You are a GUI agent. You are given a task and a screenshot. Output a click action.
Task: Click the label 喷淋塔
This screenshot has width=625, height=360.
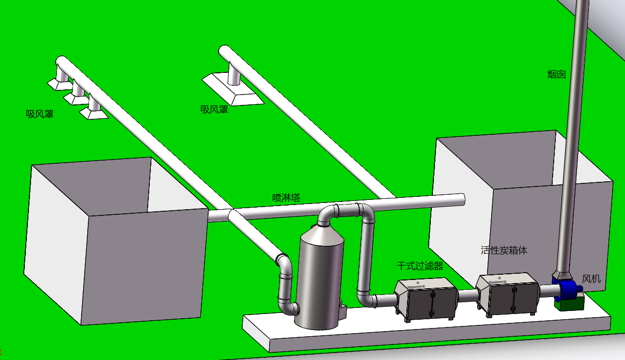tap(286, 198)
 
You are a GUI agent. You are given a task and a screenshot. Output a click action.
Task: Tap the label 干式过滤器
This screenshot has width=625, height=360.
tap(420, 266)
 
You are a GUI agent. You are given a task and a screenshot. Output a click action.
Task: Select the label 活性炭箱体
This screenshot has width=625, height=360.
tap(504, 251)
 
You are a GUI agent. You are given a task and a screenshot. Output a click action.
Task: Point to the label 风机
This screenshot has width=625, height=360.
tap(591, 278)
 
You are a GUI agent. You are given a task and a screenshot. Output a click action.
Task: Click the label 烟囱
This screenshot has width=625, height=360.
tap(556, 74)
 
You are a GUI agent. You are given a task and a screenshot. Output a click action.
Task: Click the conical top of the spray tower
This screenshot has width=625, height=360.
tap(322, 233)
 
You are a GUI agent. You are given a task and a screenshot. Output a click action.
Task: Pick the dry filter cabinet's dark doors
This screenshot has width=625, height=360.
tap(432, 304)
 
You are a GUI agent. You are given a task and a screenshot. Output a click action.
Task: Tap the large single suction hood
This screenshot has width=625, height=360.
tap(233, 89)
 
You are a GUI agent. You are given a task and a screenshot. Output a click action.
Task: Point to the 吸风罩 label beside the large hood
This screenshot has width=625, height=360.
tap(214, 109)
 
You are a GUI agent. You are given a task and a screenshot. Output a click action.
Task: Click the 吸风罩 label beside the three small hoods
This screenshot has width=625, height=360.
tap(40, 114)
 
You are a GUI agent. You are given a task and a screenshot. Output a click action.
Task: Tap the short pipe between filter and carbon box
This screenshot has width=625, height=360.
tap(467, 295)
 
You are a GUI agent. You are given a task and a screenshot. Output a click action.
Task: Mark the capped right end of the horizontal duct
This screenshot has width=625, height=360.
tap(462, 200)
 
